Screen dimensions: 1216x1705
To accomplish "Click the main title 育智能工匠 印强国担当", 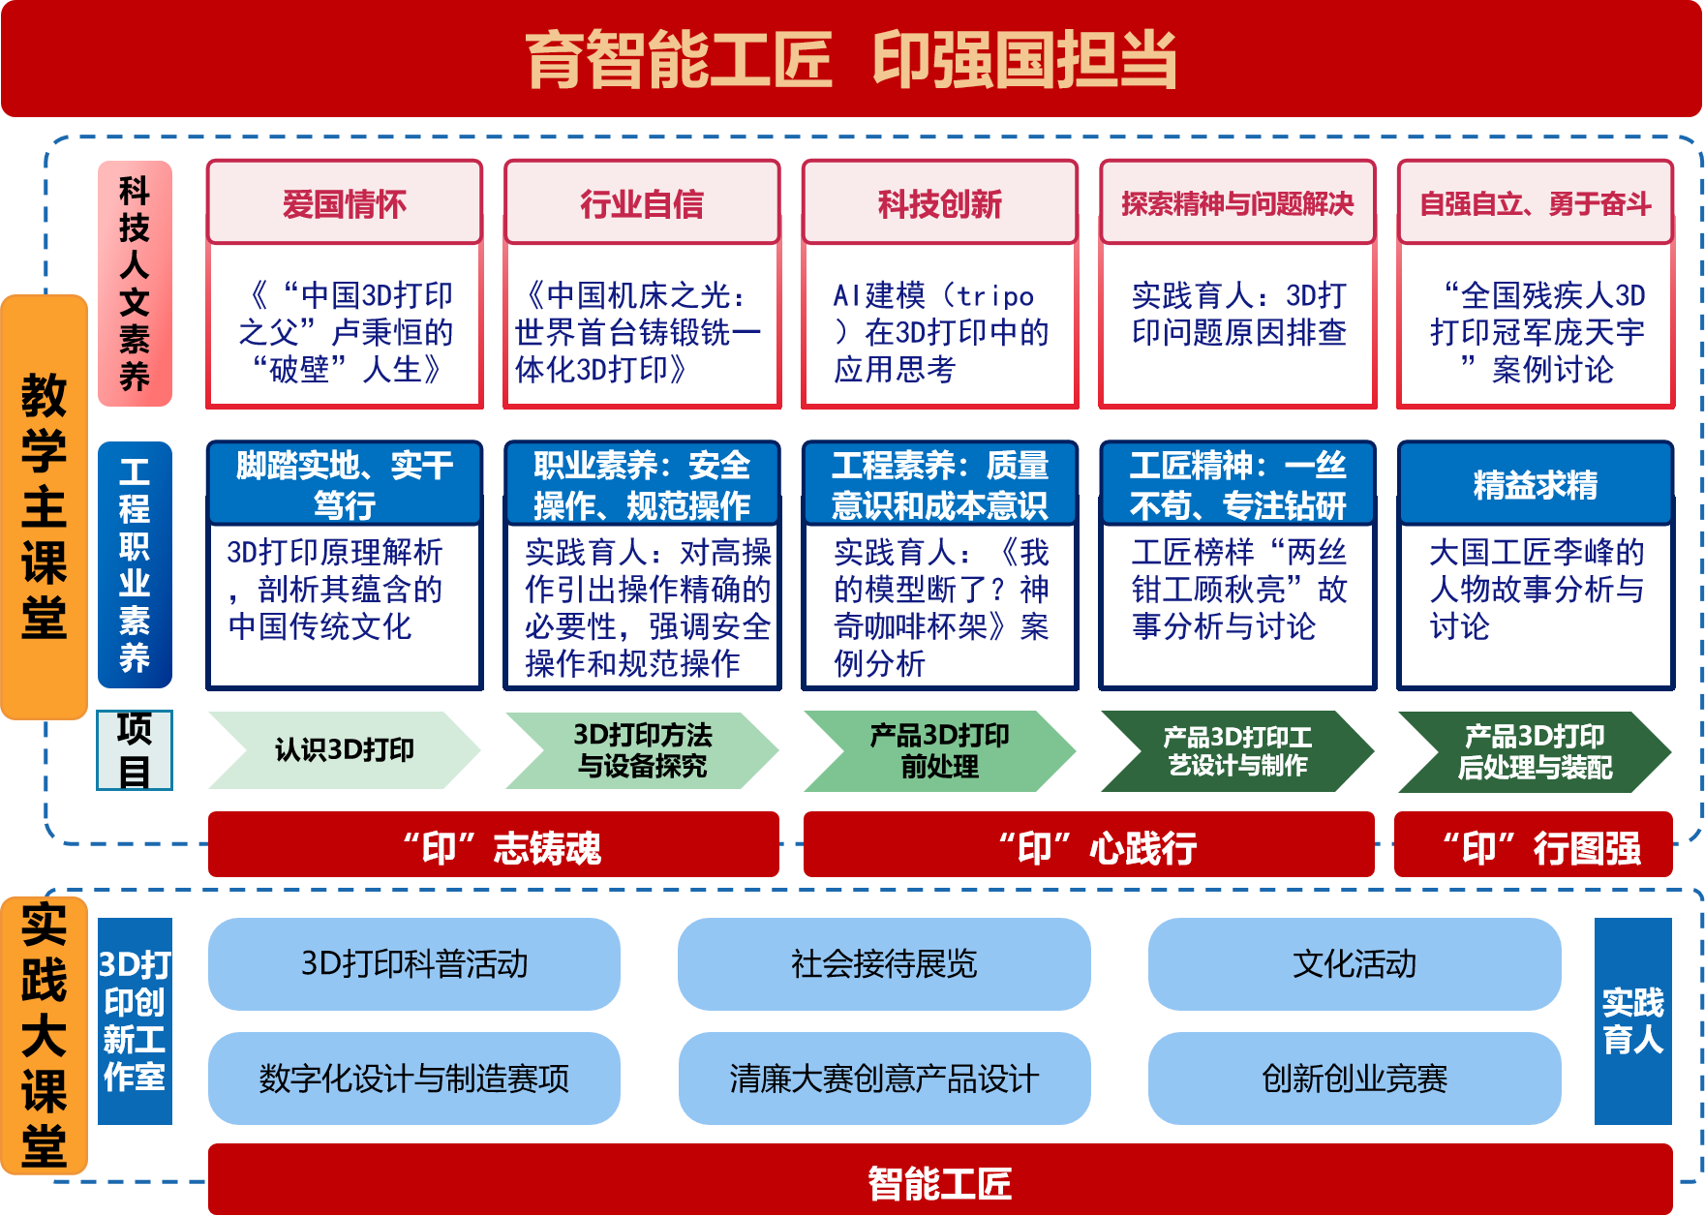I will (851, 59).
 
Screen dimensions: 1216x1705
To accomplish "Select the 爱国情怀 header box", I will (344, 203).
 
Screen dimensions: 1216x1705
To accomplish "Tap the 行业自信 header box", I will (642, 203).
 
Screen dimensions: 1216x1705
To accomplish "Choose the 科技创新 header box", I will (939, 203).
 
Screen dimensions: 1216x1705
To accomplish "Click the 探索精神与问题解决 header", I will (1237, 203).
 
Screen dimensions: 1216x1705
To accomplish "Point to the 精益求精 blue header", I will (1535, 484).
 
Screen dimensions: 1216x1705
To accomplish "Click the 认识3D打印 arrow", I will (344, 750).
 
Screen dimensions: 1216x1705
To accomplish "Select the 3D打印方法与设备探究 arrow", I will (642, 750).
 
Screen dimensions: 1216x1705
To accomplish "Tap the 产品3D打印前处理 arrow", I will (939, 750).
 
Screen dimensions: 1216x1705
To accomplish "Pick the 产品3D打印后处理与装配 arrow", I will (1535, 750).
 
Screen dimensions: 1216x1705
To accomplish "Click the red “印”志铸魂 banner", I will (494, 845).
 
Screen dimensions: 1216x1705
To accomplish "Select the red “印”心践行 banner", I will (1088, 845).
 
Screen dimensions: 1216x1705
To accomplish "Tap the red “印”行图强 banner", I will (1534, 845).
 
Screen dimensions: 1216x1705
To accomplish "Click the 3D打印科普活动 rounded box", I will (414, 964).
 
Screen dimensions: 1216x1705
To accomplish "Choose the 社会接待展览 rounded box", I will (884, 964).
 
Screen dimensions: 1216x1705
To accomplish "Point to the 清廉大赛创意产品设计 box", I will (884, 1079).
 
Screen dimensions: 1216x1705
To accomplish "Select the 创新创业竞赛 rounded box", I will (1355, 1079).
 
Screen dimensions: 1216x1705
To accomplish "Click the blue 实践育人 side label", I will (1632, 1020).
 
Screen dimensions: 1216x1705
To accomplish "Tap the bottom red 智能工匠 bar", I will (939, 1181).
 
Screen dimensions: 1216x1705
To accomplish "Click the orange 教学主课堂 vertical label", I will (45, 506).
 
